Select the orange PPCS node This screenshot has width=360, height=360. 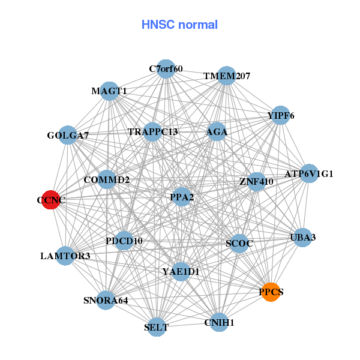coord(271,292)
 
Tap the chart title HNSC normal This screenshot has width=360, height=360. coord(179,25)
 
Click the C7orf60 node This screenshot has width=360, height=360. coord(166,69)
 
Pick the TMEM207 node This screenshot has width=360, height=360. coord(226,76)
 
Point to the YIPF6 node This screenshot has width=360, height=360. coord(280,115)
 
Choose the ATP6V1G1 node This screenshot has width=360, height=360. coord(309,174)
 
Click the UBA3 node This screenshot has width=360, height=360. coord(302,237)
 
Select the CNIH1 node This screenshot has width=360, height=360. coord(219,322)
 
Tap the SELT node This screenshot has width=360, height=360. coord(157,327)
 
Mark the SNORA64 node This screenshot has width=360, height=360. coord(106,299)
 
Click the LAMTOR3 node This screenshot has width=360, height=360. coord(65,256)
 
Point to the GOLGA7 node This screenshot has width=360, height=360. coord(68,136)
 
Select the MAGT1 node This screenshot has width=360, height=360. coord(109,91)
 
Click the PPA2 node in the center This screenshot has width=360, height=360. coord(182,196)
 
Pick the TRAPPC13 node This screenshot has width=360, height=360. coord(152,131)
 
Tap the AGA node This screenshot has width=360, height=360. coord(216,131)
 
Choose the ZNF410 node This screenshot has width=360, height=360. coord(256,181)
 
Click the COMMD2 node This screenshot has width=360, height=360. coord(107,179)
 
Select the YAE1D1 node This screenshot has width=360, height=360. coord(181,271)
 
